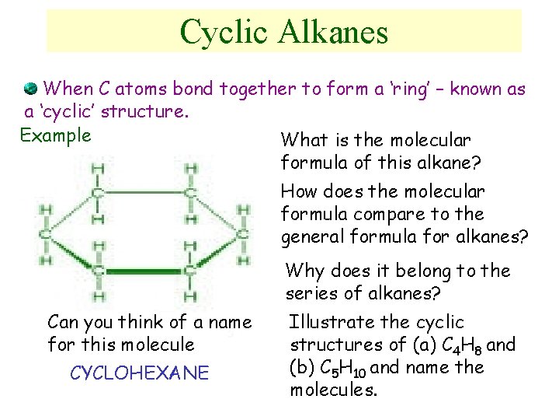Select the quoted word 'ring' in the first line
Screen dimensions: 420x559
click(x=403, y=89)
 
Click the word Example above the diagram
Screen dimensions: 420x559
click(x=55, y=135)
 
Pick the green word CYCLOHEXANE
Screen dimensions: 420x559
click(x=140, y=373)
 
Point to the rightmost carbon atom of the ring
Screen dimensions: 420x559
click(x=243, y=232)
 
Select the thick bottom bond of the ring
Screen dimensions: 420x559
click(x=144, y=271)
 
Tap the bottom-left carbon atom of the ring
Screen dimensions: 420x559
click(x=98, y=271)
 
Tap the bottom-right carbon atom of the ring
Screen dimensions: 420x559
click(x=190, y=271)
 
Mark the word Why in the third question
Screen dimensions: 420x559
click(x=303, y=271)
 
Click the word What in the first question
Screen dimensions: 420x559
click(x=303, y=141)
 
